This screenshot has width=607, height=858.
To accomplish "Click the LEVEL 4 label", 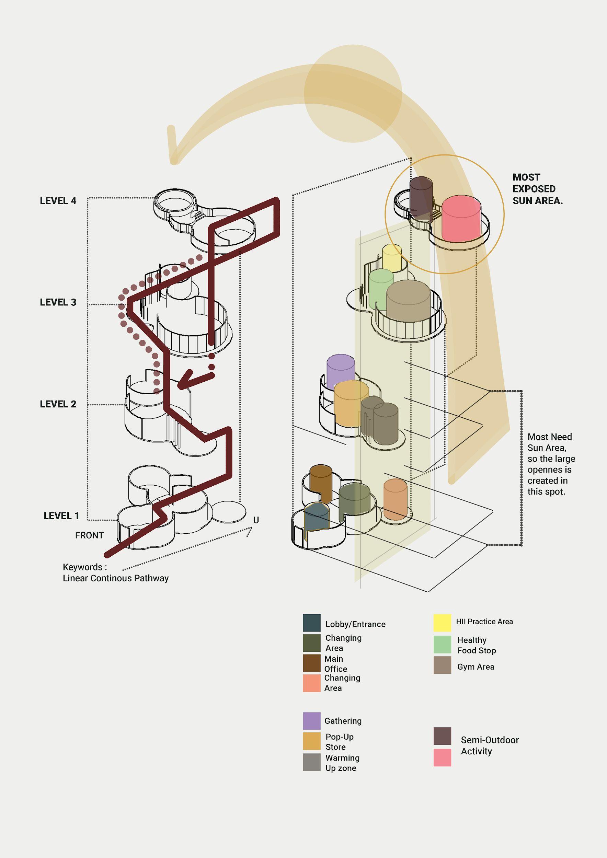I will pos(58,201).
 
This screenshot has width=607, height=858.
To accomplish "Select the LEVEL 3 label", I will pos(58,302).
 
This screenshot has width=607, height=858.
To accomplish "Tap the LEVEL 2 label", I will pos(58,404).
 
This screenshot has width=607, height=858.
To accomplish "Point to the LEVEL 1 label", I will pos(61,516).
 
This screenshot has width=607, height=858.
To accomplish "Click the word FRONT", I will pos(89,535).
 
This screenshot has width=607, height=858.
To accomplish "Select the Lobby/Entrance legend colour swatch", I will pos(311,623).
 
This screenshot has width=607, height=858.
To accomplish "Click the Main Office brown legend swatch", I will pos(311,663).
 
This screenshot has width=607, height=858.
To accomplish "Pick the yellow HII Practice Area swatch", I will pos(442,623).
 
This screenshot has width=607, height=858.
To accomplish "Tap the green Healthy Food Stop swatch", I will pos(442,644).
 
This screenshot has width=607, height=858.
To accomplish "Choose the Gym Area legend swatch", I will pos(442,665).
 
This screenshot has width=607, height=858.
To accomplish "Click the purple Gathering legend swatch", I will pos(311,721).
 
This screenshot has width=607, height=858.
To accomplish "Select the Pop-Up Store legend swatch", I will pos(311,741).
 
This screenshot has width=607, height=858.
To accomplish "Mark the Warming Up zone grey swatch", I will pos(311,762).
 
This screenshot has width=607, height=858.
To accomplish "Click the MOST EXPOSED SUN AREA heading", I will pos(537,189).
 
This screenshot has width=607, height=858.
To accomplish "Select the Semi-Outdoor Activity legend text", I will pos(490,745).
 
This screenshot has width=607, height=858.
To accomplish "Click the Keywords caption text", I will pos(115,572).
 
